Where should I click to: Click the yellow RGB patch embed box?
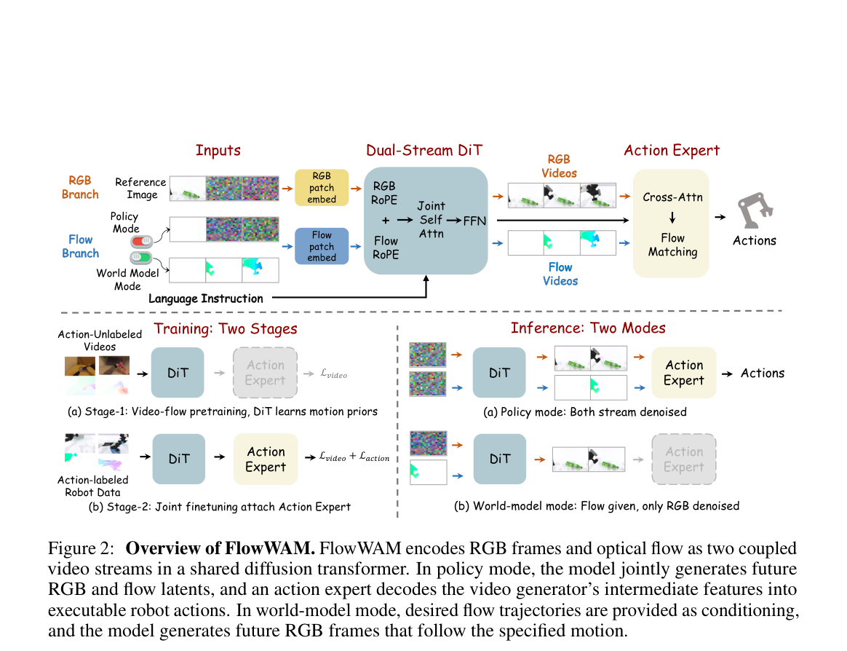tap(322, 188)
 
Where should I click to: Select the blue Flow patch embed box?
tap(322, 246)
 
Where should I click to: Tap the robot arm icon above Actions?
tap(755, 211)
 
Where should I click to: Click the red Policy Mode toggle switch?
tap(141, 241)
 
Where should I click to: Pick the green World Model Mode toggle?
tap(140, 257)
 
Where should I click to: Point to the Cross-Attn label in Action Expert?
tap(672, 197)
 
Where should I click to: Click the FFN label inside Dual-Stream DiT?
tap(474, 221)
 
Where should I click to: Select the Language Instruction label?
tap(206, 299)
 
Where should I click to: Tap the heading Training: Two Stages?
tap(226, 328)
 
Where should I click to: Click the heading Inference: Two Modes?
tap(588, 328)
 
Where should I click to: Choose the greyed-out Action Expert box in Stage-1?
tap(265, 373)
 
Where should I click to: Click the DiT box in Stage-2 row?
tap(179, 459)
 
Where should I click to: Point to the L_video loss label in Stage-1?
tap(334, 374)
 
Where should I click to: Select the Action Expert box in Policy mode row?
tap(684, 373)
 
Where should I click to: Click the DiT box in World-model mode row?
tap(500, 459)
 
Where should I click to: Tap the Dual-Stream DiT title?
tap(424, 150)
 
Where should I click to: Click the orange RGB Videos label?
tap(559, 166)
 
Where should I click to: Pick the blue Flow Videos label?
tap(560, 274)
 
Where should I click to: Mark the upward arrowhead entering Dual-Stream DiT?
tap(426, 278)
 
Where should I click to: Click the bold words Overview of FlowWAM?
tap(220, 548)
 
